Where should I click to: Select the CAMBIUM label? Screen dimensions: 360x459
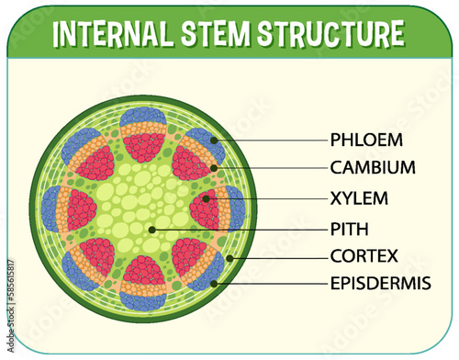tap(374, 168)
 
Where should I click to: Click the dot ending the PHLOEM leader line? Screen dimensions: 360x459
tap(214, 141)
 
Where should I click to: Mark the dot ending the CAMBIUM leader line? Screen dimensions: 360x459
tap(215, 168)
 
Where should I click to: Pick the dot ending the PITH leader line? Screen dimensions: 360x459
tap(153, 227)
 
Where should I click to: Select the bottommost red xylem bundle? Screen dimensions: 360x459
tap(144, 273)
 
